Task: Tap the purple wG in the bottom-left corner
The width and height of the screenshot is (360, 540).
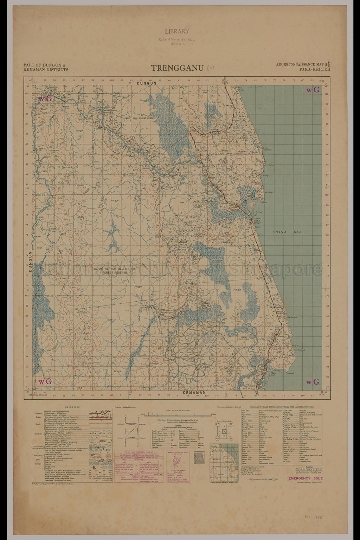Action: (x=45, y=381)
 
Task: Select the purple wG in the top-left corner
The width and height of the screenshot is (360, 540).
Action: (x=45, y=99)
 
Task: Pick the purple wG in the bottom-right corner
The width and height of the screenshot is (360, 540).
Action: (x=313, y=382)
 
